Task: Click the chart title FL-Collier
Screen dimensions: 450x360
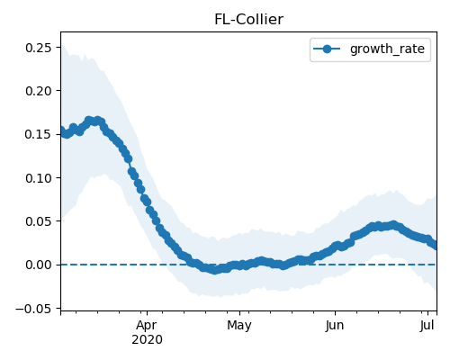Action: (248, 20)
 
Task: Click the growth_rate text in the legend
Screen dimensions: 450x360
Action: (387, 49)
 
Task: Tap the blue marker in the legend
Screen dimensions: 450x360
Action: (327, 49)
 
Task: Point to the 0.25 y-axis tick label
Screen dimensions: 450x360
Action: (38, 48)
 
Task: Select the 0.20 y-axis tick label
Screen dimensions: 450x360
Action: (38, 91)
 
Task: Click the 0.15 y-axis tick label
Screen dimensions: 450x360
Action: (38, 134)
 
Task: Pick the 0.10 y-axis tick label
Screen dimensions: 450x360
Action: (38, 178)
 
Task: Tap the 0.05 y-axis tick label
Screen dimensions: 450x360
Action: (38, 221)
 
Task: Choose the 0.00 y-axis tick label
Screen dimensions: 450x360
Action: (38, 265)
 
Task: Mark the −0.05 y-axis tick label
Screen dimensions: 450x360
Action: (33, 309)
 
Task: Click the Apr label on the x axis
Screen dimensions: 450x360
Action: (147, 326)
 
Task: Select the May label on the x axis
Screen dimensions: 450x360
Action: (239, 326)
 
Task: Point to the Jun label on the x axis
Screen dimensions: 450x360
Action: (335, 326)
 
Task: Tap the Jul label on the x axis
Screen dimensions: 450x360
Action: (427, 326)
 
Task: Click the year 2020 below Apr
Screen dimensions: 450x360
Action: (147, 340)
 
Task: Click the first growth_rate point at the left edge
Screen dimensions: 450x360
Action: (61, 130)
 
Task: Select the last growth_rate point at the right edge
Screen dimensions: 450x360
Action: (435, 246)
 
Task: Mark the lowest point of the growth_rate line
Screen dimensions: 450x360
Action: (214, 270)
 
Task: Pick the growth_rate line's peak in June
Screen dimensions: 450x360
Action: (393, 225)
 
